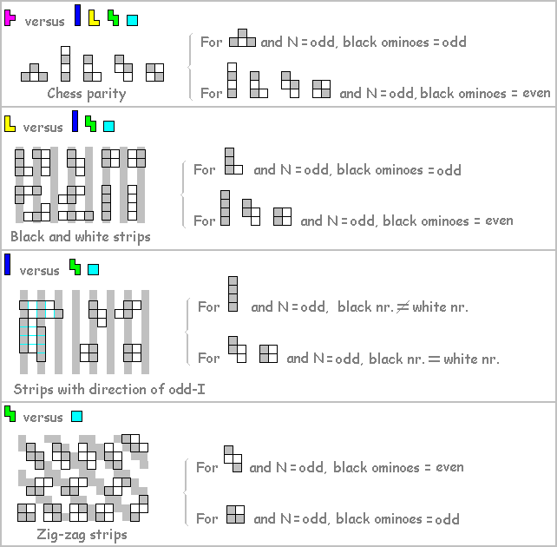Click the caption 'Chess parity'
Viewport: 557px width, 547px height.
click(86, 94)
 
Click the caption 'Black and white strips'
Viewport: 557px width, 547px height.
click(81, 236)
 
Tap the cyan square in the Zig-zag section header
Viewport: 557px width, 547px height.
click(76, 417)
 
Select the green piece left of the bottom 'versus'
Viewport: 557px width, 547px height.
click(10, 414)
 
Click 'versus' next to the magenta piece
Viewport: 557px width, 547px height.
click(43, 21)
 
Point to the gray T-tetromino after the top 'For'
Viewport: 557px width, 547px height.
click(242, 37)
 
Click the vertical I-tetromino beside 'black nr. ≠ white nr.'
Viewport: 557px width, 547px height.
click(232, 293)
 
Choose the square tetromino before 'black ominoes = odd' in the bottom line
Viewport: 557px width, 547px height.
click(235, 514)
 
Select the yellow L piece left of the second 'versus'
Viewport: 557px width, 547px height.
click(10, 124)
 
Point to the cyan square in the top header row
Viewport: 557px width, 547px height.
click(132, 19)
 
